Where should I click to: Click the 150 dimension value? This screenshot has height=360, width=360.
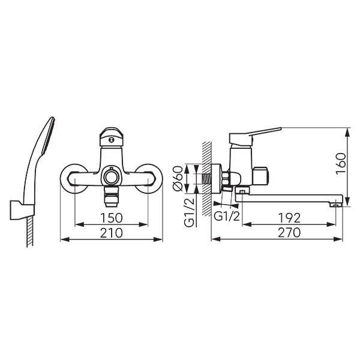(112, 218)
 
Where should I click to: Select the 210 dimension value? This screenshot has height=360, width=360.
(112, 233)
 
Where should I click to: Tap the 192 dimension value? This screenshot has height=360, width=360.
(289, 218)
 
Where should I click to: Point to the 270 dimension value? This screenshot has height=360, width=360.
(289, 233)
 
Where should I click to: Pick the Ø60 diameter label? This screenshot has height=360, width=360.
(178, 178)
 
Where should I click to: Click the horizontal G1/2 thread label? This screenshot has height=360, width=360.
(227, 216)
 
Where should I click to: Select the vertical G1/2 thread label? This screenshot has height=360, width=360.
(190, 212)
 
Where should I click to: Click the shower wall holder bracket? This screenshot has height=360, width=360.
(22, 210)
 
